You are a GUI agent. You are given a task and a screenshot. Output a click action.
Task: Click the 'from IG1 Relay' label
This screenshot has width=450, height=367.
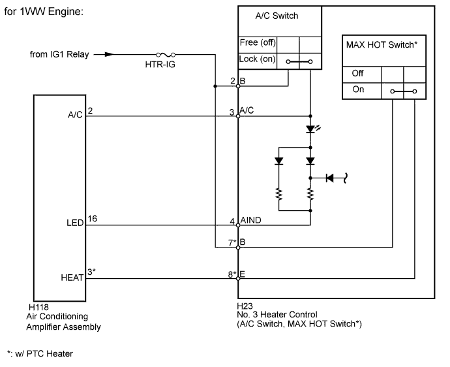(x=57, y=55)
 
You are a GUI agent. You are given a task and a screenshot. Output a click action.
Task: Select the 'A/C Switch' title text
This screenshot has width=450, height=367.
(x=277, y=16)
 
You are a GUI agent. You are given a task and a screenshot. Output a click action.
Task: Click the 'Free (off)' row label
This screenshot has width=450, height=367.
(x=257, y=43)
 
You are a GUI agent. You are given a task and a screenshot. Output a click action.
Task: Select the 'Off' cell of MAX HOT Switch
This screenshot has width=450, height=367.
(x=358, y=74)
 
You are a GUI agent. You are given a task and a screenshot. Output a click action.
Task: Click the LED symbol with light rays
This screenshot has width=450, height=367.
(x=311, y=130)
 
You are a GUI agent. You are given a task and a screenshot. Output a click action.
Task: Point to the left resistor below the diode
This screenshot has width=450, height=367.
(x=279, y=195)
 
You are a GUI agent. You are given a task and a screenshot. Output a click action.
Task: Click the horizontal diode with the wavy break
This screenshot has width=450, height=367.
(x=331, y=177)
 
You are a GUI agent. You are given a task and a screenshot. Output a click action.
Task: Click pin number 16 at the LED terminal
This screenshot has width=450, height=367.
(x=92, y=220)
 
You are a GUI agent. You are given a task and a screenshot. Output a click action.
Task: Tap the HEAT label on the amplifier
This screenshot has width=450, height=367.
(x=73, y=278)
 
